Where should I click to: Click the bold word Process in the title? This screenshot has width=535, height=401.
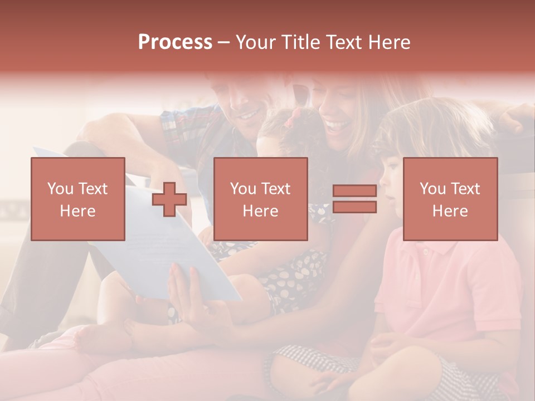point(175,42)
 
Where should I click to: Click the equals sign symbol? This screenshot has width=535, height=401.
point(354,199)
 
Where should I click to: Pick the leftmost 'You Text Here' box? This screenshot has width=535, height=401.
point(77,199)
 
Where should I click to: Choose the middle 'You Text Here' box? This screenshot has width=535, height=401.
point(260,199)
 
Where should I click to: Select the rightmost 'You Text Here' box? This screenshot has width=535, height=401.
point(450,199)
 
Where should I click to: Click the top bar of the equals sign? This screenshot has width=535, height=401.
point(354,191)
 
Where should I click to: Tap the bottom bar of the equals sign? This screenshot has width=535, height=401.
point(354,207)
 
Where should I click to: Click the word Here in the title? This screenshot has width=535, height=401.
point(390,42)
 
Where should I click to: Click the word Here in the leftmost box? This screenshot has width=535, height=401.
point(77,211)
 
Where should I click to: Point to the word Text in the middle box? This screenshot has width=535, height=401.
point(276,189)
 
